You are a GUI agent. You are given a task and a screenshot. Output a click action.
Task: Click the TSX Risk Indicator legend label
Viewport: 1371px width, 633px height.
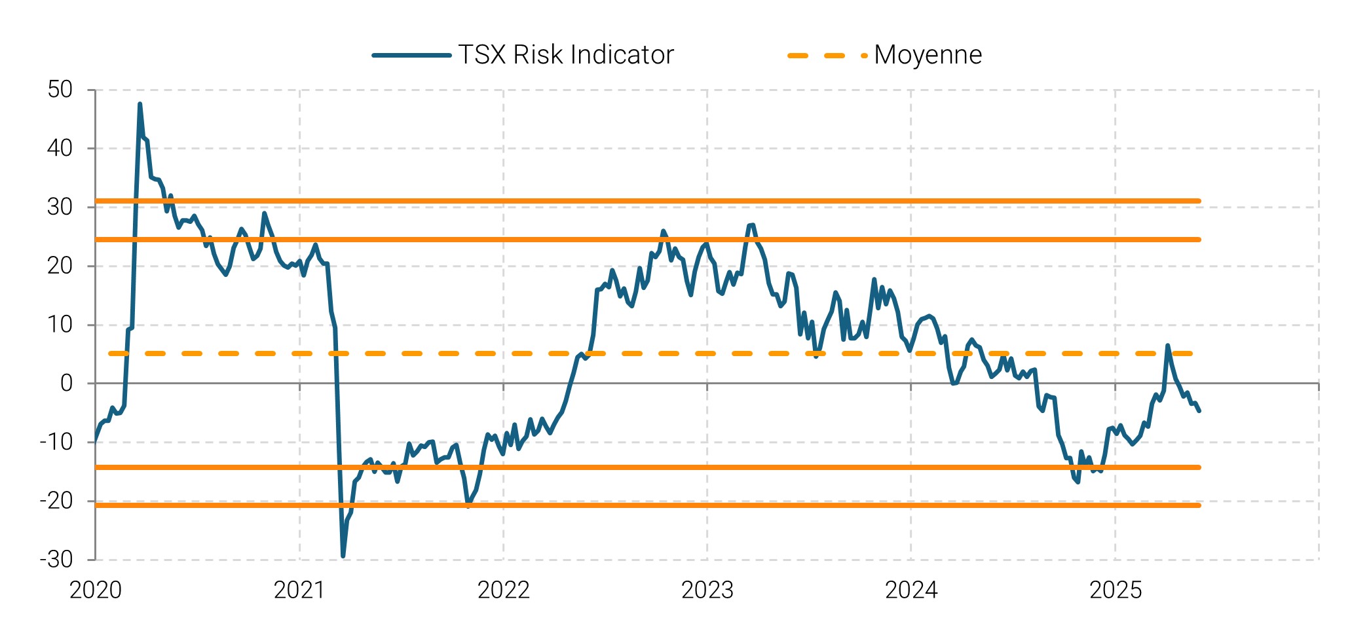566,55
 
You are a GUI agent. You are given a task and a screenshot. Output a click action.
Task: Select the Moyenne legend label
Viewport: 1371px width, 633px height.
928,55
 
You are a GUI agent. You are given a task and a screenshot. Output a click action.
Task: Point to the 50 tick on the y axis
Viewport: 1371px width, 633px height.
60,90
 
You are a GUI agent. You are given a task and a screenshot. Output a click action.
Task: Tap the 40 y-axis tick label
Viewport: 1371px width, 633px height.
60,149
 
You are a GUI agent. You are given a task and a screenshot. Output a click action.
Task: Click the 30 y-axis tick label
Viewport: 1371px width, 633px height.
60,208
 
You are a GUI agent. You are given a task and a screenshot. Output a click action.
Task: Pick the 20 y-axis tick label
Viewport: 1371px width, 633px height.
60,266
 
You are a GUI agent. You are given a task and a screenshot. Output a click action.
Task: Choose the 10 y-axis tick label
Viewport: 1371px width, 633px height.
60,325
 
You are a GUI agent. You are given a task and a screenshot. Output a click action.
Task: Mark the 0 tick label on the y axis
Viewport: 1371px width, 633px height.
66,384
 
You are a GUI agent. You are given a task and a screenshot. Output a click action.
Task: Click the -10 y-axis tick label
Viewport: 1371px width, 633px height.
56,443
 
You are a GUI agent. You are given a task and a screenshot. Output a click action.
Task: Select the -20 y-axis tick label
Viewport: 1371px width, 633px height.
56,501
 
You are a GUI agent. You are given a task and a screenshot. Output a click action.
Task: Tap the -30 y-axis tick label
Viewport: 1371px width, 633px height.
56,560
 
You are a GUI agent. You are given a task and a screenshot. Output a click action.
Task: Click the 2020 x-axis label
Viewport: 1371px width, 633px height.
96,590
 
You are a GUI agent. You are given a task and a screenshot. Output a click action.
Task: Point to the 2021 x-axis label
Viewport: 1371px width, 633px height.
299,590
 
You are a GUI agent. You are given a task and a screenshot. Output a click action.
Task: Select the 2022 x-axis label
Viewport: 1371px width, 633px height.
503,590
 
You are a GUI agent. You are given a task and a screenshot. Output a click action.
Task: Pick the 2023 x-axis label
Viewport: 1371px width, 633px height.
707,590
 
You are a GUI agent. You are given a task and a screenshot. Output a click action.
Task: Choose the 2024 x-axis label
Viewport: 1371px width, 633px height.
911,590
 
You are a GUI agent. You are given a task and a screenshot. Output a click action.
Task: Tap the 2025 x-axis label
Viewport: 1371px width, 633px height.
1115,590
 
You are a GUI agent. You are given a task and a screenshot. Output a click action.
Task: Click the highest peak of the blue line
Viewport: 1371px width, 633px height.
140,104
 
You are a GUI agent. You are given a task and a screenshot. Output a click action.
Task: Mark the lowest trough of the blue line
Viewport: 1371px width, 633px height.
343,556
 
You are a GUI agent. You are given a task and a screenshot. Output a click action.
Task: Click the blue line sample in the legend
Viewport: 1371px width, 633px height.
411,56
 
